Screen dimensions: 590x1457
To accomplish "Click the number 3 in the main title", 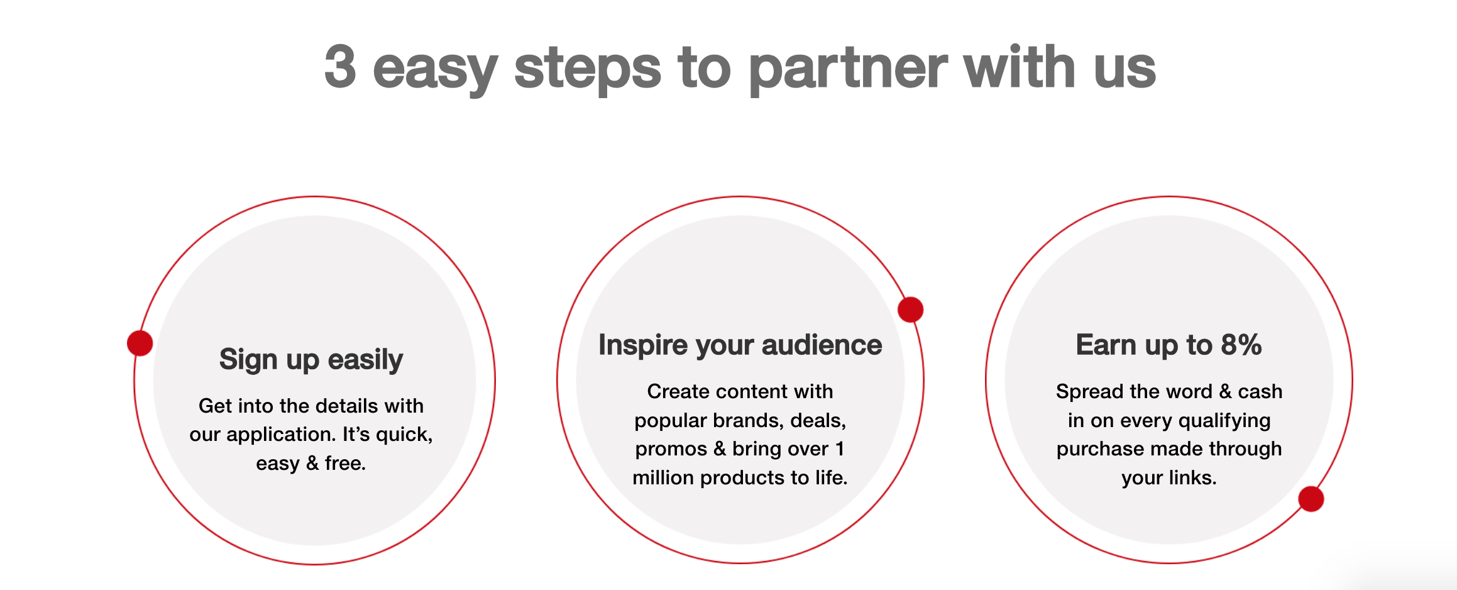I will click(x=340, y=67).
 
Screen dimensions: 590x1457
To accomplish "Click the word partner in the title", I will click(x=847, y=69).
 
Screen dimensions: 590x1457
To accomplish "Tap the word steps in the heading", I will click(x=587, y=69).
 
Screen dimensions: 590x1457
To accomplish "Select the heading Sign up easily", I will click(x=311, y=360).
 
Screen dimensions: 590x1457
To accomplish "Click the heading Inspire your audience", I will click(x=740, y=345).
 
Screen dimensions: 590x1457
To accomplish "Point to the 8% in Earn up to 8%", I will click(x=1241, y=345).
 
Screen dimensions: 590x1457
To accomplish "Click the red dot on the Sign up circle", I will click(x=140, y=343).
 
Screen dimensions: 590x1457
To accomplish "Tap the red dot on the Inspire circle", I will click(x=910, y=309).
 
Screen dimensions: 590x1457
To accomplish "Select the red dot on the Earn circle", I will click(x=1311, y=499).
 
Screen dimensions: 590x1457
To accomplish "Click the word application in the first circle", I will click(x=280, y=435).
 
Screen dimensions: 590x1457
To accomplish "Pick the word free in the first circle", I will click(x=344, y=464).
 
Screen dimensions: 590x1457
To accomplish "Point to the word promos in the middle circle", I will click(x=671, y=449).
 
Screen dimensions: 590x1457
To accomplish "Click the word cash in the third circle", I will click(x=1260, y=392).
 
